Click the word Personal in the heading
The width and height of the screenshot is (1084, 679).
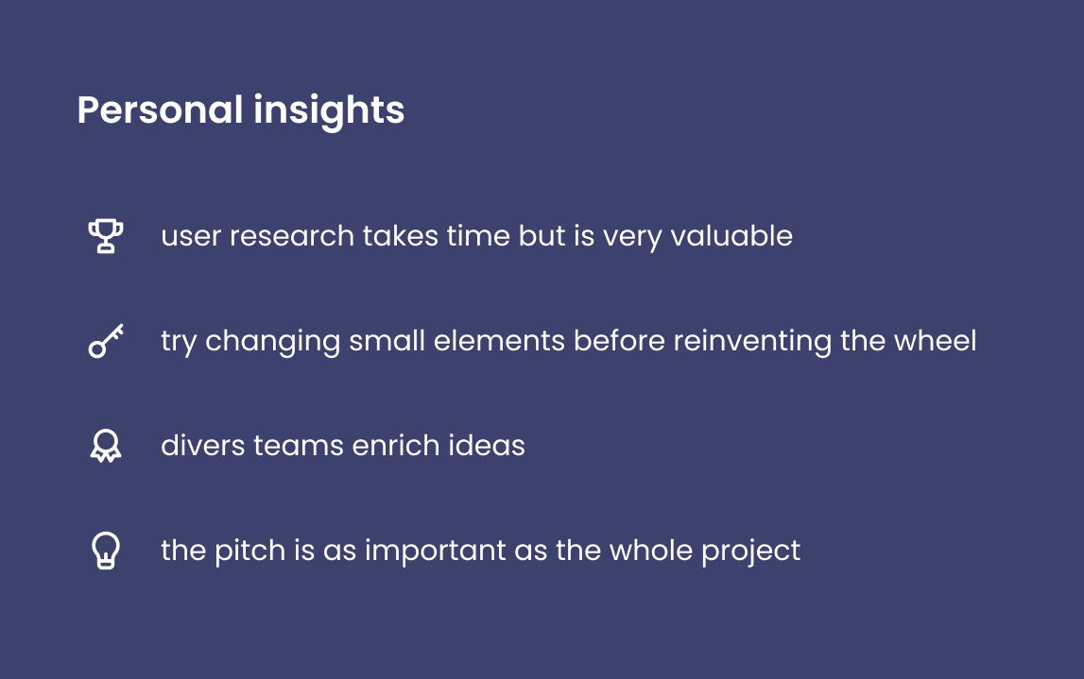160,110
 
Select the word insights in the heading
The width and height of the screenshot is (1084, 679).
329,111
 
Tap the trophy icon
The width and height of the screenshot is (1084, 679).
106,236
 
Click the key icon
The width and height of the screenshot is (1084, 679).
106,341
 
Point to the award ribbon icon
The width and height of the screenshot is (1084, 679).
106,447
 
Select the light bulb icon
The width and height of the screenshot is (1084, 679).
106,551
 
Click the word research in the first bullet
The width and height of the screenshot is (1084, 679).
292,235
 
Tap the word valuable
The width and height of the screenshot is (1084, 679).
731,235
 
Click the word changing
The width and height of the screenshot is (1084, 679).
272,342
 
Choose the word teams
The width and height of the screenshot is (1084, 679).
298,446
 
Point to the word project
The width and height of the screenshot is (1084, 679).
750,552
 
